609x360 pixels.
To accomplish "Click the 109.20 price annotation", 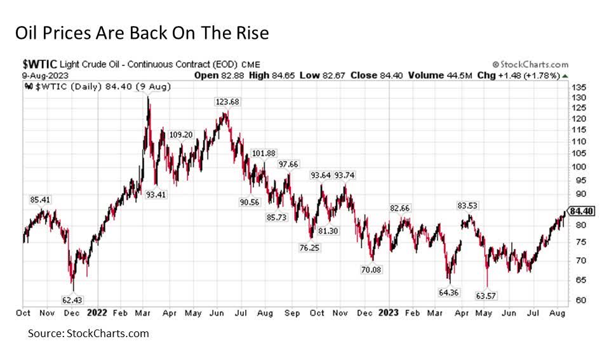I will pyautogui.click(x=181, y=135).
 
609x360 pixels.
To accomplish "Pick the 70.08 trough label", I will pyautogui.click(x=373, y=270).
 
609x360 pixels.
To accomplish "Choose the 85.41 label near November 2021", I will pyautogui.click(x=41, y=199).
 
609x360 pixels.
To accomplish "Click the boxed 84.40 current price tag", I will pyautogui.click(x=582, y=211).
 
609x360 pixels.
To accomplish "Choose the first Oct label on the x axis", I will pyautogui.click(x=23, y=313).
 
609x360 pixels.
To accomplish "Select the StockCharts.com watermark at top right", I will pyautogui.click(x=530, y=65).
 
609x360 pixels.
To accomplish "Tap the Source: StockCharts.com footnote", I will pyautogui.click(x=88, y=333).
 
